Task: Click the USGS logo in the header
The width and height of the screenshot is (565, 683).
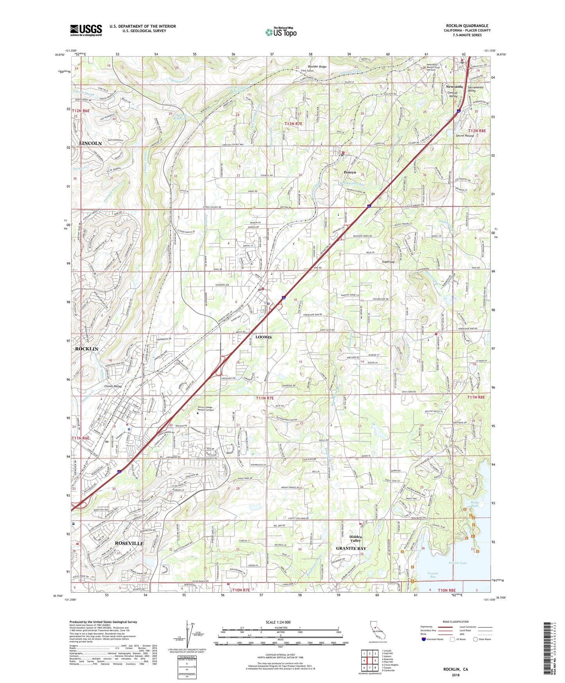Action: (86, 30)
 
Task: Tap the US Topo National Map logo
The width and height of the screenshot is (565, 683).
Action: (281, 32)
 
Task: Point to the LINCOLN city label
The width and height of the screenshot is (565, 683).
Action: (90, 144)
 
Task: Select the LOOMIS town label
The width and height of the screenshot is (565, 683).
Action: (264, 337)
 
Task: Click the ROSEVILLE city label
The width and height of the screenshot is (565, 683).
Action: (129, 543)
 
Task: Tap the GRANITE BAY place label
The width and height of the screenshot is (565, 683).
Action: (351, 548)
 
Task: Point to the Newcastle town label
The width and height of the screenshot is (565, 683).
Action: (454, 86)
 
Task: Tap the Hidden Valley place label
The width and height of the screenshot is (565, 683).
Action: (355, 539)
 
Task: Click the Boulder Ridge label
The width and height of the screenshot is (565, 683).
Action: (317, 67)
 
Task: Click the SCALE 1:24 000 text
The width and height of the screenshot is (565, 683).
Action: (278, 622)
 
